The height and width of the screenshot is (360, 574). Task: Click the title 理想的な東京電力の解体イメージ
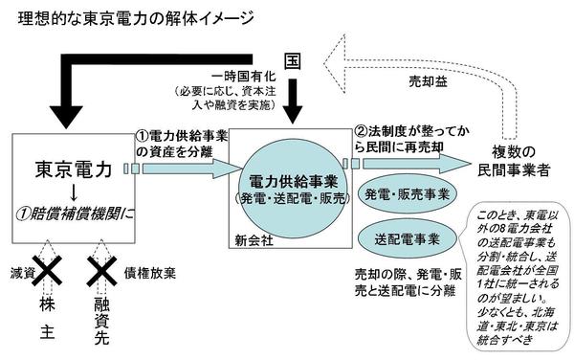click(x=136, y=19)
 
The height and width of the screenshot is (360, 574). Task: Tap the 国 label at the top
click(x=293, y=61)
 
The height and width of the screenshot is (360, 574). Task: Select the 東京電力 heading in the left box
click(x=74, y=169)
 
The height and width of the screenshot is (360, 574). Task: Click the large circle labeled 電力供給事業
click(x=293, y=189)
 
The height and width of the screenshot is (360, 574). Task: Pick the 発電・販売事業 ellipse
click(x=408, y=194)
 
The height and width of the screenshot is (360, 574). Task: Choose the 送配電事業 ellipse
click(x=408, y=239)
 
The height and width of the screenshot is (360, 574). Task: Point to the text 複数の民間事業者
click(x=514, y=161)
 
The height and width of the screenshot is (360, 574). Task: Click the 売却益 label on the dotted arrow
click(x=428, y=81)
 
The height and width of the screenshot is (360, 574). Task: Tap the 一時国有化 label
click(x=243, y=77)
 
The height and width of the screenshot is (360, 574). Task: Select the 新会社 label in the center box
click(x=254, y=240)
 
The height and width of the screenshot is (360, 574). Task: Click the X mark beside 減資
click(x=47, y=271)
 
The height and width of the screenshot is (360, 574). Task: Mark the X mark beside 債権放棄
click(x=101, y=271)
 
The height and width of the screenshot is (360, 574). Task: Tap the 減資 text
click(x=22, y=273)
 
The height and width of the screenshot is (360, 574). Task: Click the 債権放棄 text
click(x=150, y=273)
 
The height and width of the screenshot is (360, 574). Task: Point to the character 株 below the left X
click(x=47, y=304)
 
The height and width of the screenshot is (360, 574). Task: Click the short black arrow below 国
click(x=293, y=101)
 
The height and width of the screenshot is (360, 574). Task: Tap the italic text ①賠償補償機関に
click(x=76, y=214)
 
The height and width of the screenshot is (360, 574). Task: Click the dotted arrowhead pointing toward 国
click(x=335, y=64)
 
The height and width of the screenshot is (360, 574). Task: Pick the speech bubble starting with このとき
click(x=519, y=277)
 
